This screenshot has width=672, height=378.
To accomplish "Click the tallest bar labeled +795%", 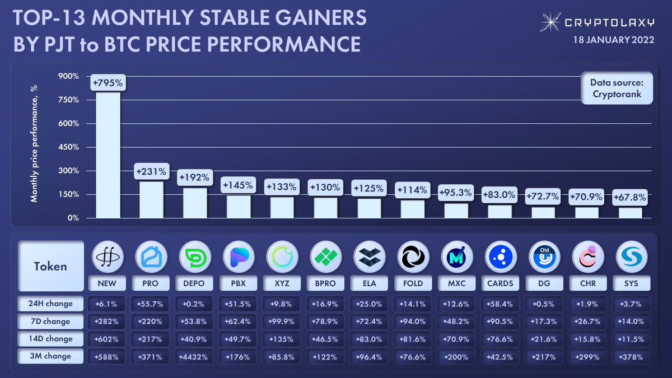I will (108, 155).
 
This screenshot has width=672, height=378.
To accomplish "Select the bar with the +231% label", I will (151, 199).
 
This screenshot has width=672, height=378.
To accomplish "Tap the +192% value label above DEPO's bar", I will (194, 178).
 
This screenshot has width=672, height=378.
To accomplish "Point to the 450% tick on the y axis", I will (70, 147).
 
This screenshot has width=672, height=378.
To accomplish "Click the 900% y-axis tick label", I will (70, 76).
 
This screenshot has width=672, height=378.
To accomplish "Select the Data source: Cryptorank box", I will (617, 88).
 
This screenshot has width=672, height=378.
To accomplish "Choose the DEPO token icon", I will (194, 257).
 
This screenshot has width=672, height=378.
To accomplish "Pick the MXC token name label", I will (456, 283).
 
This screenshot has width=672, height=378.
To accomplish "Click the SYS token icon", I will (631, 257).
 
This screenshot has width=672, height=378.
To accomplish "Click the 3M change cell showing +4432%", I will (194, 356).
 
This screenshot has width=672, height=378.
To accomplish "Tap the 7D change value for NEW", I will (107, 321).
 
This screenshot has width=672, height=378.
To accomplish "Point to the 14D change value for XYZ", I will (282, 339).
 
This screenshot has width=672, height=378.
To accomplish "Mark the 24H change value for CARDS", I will (500, 304).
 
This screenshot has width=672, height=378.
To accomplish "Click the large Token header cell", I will (51, 266).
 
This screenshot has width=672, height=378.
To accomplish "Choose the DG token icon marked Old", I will (544, 257).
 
